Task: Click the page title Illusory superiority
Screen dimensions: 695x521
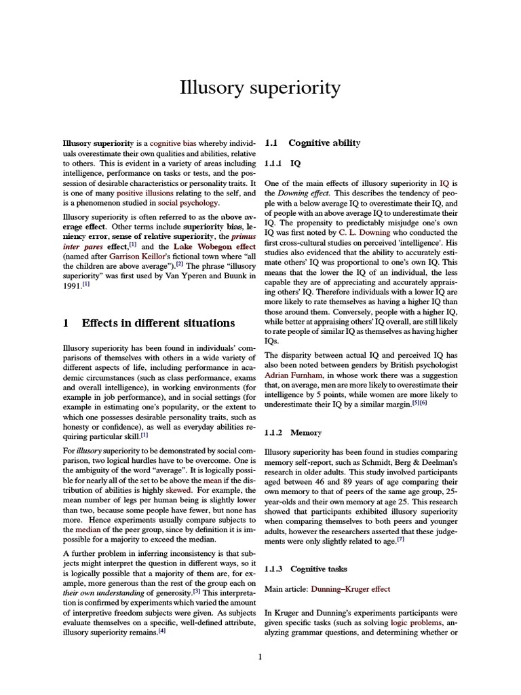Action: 260,88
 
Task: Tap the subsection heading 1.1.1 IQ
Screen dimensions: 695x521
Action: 282,164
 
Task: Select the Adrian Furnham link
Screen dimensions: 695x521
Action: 294,374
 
